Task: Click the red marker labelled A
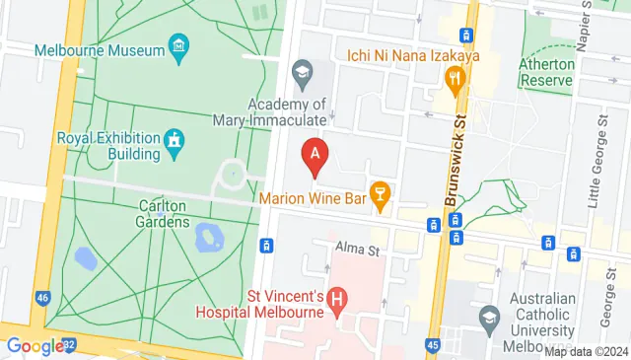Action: [x=315, y=155]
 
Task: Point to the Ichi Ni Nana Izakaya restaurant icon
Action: [x=455, y=79]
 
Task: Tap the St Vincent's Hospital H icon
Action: [x=337, y=297]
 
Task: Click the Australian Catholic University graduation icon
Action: [x=488, y=318]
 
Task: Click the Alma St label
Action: [x=357, y=249]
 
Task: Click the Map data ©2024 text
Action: [x=587, y=351]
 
